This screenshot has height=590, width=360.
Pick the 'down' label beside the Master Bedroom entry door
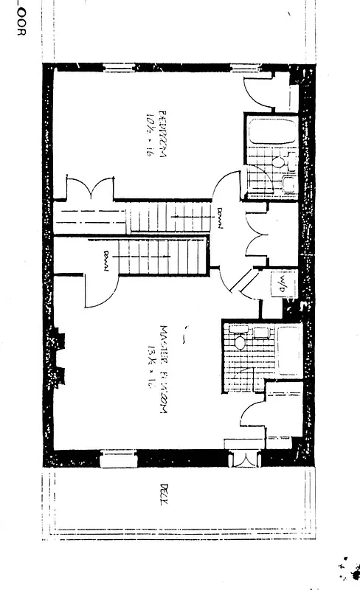tap(107, 261)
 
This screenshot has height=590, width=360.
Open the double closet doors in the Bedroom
tap(90, 187)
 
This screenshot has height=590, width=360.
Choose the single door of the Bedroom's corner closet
tap(262, 92)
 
